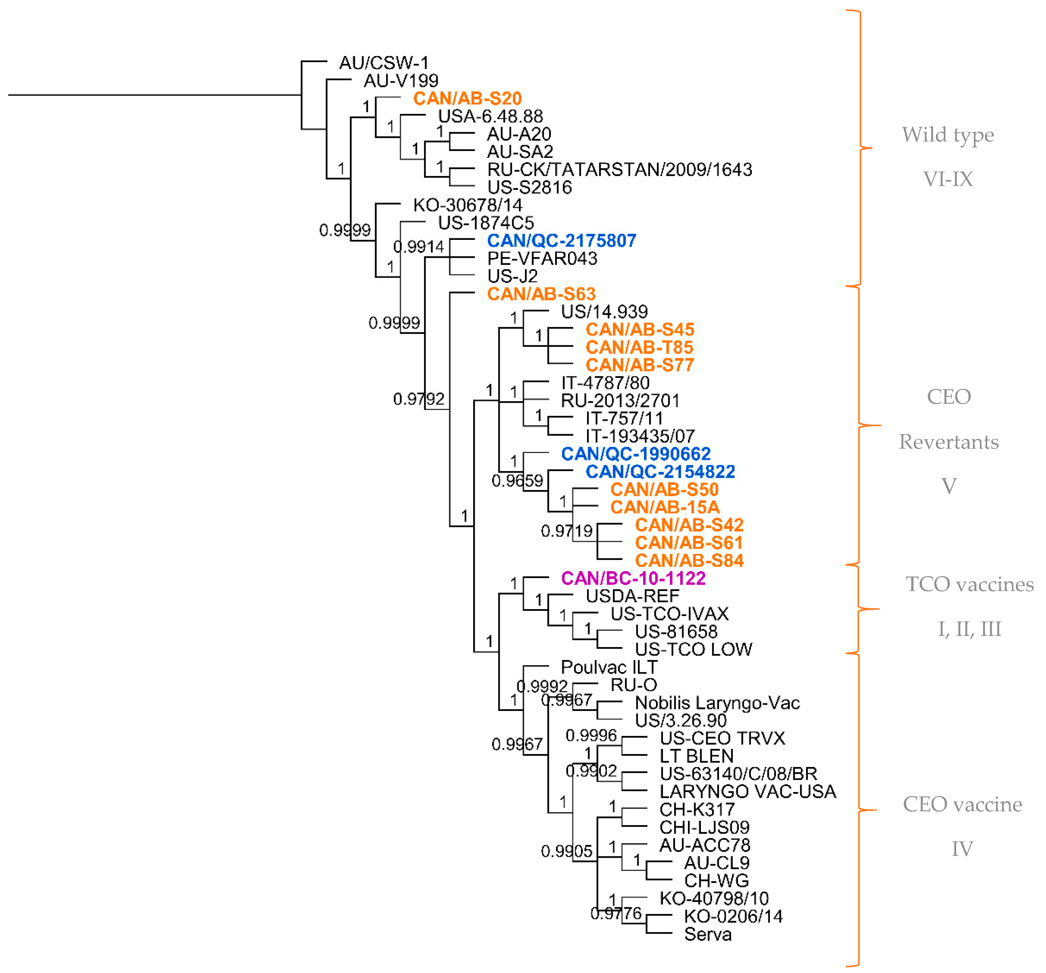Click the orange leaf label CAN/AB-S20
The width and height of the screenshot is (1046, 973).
click(467, 98)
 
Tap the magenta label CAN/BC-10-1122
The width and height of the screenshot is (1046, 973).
click(633, 578)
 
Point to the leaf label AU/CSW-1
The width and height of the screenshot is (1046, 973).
click(384, 63)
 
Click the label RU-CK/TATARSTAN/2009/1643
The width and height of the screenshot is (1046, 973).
click(619, 170)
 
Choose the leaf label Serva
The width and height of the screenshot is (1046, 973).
click(708, 934)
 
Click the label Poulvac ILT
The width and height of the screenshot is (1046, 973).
click(609, 667)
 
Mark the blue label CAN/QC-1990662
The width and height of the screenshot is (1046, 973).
click(635, 454)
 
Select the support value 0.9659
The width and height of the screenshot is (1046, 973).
click(517, 480)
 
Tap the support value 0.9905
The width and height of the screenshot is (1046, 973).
click(566, 851)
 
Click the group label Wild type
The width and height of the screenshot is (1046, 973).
click(948, 135)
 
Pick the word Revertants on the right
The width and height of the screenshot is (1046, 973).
click(948, 442)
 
